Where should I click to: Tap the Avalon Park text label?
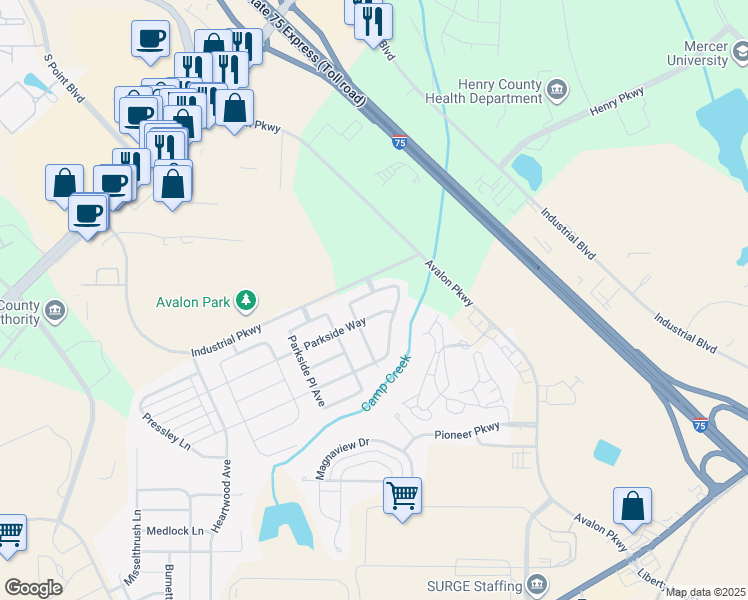193,301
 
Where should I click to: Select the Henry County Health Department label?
497,91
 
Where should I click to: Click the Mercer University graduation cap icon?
738,53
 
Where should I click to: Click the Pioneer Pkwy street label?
466,435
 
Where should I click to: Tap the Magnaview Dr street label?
343,458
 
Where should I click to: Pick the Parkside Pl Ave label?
306,370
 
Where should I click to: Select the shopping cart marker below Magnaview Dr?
402,495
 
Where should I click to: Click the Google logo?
33,588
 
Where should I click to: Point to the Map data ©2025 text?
704,592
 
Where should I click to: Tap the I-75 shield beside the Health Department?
399,143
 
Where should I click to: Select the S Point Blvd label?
63,77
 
